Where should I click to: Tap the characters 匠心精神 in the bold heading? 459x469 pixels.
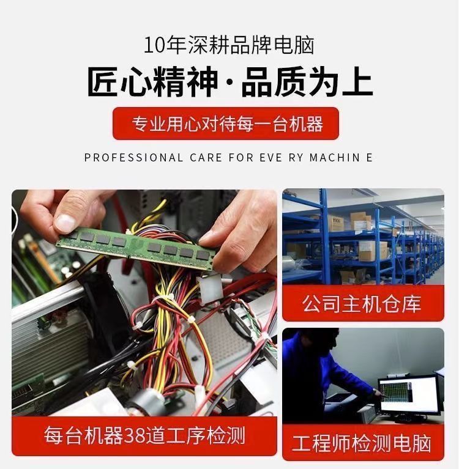coord(153,82)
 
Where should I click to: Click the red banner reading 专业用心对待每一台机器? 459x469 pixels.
coord(226,124)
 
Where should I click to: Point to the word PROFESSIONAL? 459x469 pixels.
coord(133,158)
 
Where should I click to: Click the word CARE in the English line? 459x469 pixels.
coord(206,158)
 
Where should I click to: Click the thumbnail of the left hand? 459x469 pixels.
coord(65,223)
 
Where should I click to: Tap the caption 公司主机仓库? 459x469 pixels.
coord(362,304)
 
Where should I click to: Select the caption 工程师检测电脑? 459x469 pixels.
coord(362,443)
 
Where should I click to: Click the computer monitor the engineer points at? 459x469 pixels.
coord(409,396)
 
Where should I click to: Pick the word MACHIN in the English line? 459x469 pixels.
coord(335,158)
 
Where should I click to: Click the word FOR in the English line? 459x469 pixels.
coord(241,158)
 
